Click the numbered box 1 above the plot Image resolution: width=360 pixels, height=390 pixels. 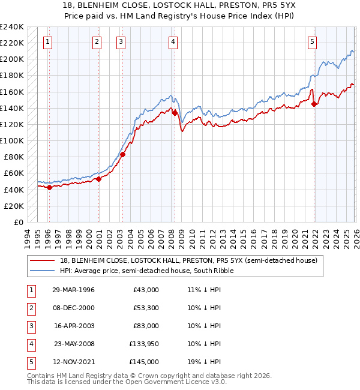47,42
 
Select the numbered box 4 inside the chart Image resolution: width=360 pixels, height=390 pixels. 173,42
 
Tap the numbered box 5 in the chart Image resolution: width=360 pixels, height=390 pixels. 313,42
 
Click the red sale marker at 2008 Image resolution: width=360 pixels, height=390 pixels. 175,112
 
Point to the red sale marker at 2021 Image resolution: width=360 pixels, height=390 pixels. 314,104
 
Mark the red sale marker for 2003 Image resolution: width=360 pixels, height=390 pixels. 122,154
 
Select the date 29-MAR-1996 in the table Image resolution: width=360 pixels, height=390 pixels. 73,290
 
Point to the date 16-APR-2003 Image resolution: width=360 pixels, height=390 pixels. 73,326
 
